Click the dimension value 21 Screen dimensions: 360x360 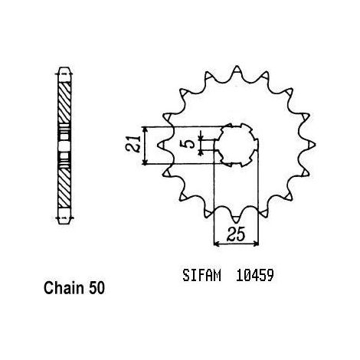(134, 145)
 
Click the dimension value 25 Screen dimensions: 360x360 (236, 234)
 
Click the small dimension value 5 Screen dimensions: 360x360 (190, 144)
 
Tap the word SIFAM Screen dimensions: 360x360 (201, 276)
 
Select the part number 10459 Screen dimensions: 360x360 (255, 276)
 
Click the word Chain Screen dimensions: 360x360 (64, 288)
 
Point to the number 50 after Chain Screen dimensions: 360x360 (97, 288)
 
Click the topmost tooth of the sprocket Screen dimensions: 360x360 (237, 70)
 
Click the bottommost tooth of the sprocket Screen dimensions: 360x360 (237, 219)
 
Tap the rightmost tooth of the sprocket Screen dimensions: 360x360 (311, 145)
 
